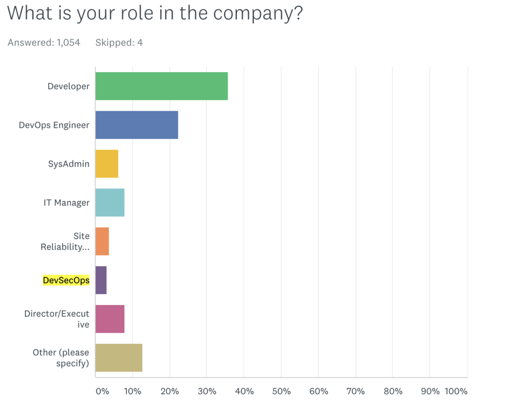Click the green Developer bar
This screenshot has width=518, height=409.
click(x=161, y=86)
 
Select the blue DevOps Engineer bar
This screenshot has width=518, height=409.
click(x=137, y=125)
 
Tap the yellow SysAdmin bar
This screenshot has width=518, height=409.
click(x=107, y=164)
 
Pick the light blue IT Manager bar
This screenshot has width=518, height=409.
click(x=110, y=202)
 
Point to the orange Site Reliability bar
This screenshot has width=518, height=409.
click(x=102, y=241)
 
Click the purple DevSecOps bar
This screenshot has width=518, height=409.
click(x=101, y=280)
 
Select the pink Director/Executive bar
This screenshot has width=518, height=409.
click(x=110, y=319)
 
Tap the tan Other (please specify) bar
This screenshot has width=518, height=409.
click(x=119, y=357)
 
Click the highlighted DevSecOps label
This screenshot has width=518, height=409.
click(x=66, y=280)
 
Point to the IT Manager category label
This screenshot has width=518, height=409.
click(x=66, y=202)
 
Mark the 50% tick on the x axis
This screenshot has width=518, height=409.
click(x=281, y=391)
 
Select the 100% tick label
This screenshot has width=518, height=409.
click(x=456, y=391)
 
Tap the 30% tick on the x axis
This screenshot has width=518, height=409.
click(x=206, y=391)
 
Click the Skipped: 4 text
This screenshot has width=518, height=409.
click(x=119, y=42)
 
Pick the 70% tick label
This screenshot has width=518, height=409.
click(x=355, y=391)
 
